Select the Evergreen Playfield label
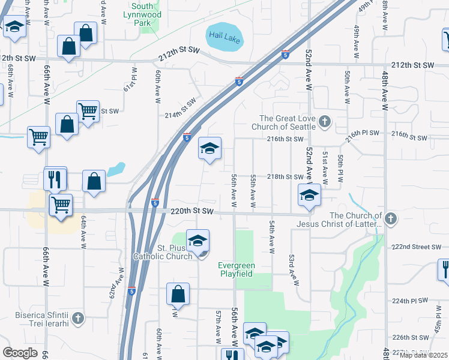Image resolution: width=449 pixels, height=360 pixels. pos(236,269)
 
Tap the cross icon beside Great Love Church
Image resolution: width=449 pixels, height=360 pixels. pos(324,122)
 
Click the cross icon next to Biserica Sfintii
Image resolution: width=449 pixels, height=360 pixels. pos(79,316)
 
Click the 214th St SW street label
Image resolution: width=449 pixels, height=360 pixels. pos(180,110)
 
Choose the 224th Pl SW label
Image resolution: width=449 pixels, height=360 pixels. pos(411,300)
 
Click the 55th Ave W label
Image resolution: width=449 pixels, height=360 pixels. pos(253,192)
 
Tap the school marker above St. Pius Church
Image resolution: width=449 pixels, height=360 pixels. pos(197,242)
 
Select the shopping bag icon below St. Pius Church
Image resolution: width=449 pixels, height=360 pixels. pos(178,295)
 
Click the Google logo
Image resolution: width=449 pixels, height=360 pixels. pos(20,353)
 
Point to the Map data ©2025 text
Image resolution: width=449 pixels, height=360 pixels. pos(424,355)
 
